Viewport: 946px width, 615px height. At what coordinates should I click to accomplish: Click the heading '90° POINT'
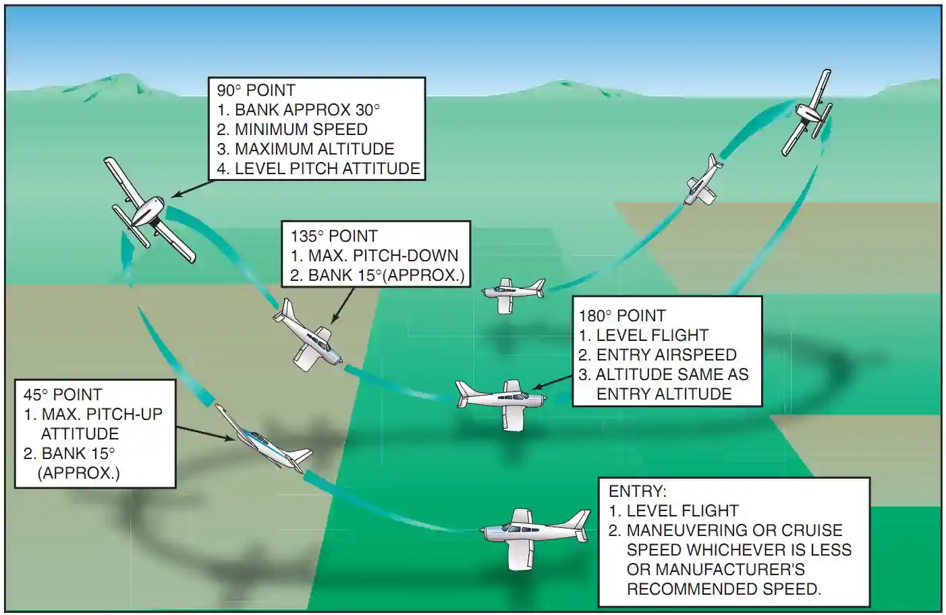pos(256,90)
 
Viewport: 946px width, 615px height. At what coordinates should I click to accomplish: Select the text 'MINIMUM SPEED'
pos(301,130)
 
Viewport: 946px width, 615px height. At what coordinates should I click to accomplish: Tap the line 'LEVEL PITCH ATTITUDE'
pos(327,169)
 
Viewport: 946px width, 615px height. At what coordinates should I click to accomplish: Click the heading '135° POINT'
pos(333,236)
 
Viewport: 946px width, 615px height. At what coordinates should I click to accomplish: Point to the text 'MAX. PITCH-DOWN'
pos(383,256)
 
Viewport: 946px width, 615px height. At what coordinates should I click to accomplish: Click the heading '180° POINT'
pos(621,316)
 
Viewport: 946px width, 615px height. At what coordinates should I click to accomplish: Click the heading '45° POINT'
pos(62,395)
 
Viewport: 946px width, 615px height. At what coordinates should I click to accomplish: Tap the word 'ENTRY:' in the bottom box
pos(637,491)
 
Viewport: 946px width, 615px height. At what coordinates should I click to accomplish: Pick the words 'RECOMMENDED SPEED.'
pos(723,589)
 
